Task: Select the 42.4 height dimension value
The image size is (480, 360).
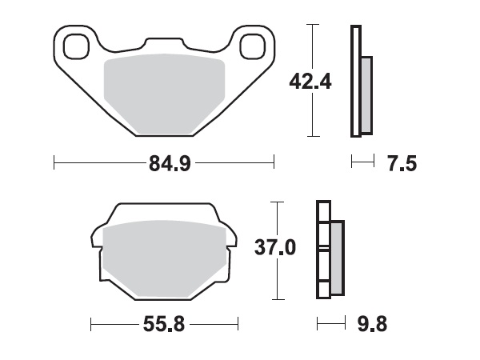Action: coord(309,81)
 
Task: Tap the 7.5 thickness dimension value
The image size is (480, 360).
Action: coord(402,165)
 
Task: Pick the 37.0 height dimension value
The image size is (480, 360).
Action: coord(274,249)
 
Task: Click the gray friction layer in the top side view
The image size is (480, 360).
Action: coord(366,95)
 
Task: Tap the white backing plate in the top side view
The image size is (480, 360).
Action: coord(354,80)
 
